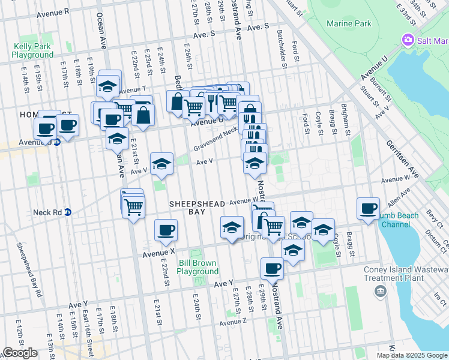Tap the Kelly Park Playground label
click(32, 50)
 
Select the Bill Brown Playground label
click(197, 267)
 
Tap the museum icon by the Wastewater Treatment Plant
click(380, 292)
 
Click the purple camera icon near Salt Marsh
click(408, 40)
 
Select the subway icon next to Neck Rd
click(68, 212)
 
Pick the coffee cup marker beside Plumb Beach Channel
click(368, 209)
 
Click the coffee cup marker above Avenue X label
click(166, 230)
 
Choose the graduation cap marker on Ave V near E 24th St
click(161, 164)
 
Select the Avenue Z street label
click(233, 323)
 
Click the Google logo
click(20, 353)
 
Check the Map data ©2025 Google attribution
click(412, 355)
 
